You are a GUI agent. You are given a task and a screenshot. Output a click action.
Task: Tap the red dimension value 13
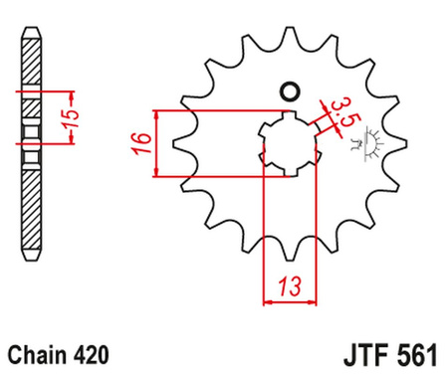pyautogui.click(x=289, y=286)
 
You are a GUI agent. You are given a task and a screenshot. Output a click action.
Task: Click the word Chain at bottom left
pyautogui.click(x=33, y=353)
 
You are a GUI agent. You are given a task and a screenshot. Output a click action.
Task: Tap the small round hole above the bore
pyautogui.click(x=291, y=93)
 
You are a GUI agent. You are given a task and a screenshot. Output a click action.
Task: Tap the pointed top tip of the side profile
pyautogui.click(x=32, y=22)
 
